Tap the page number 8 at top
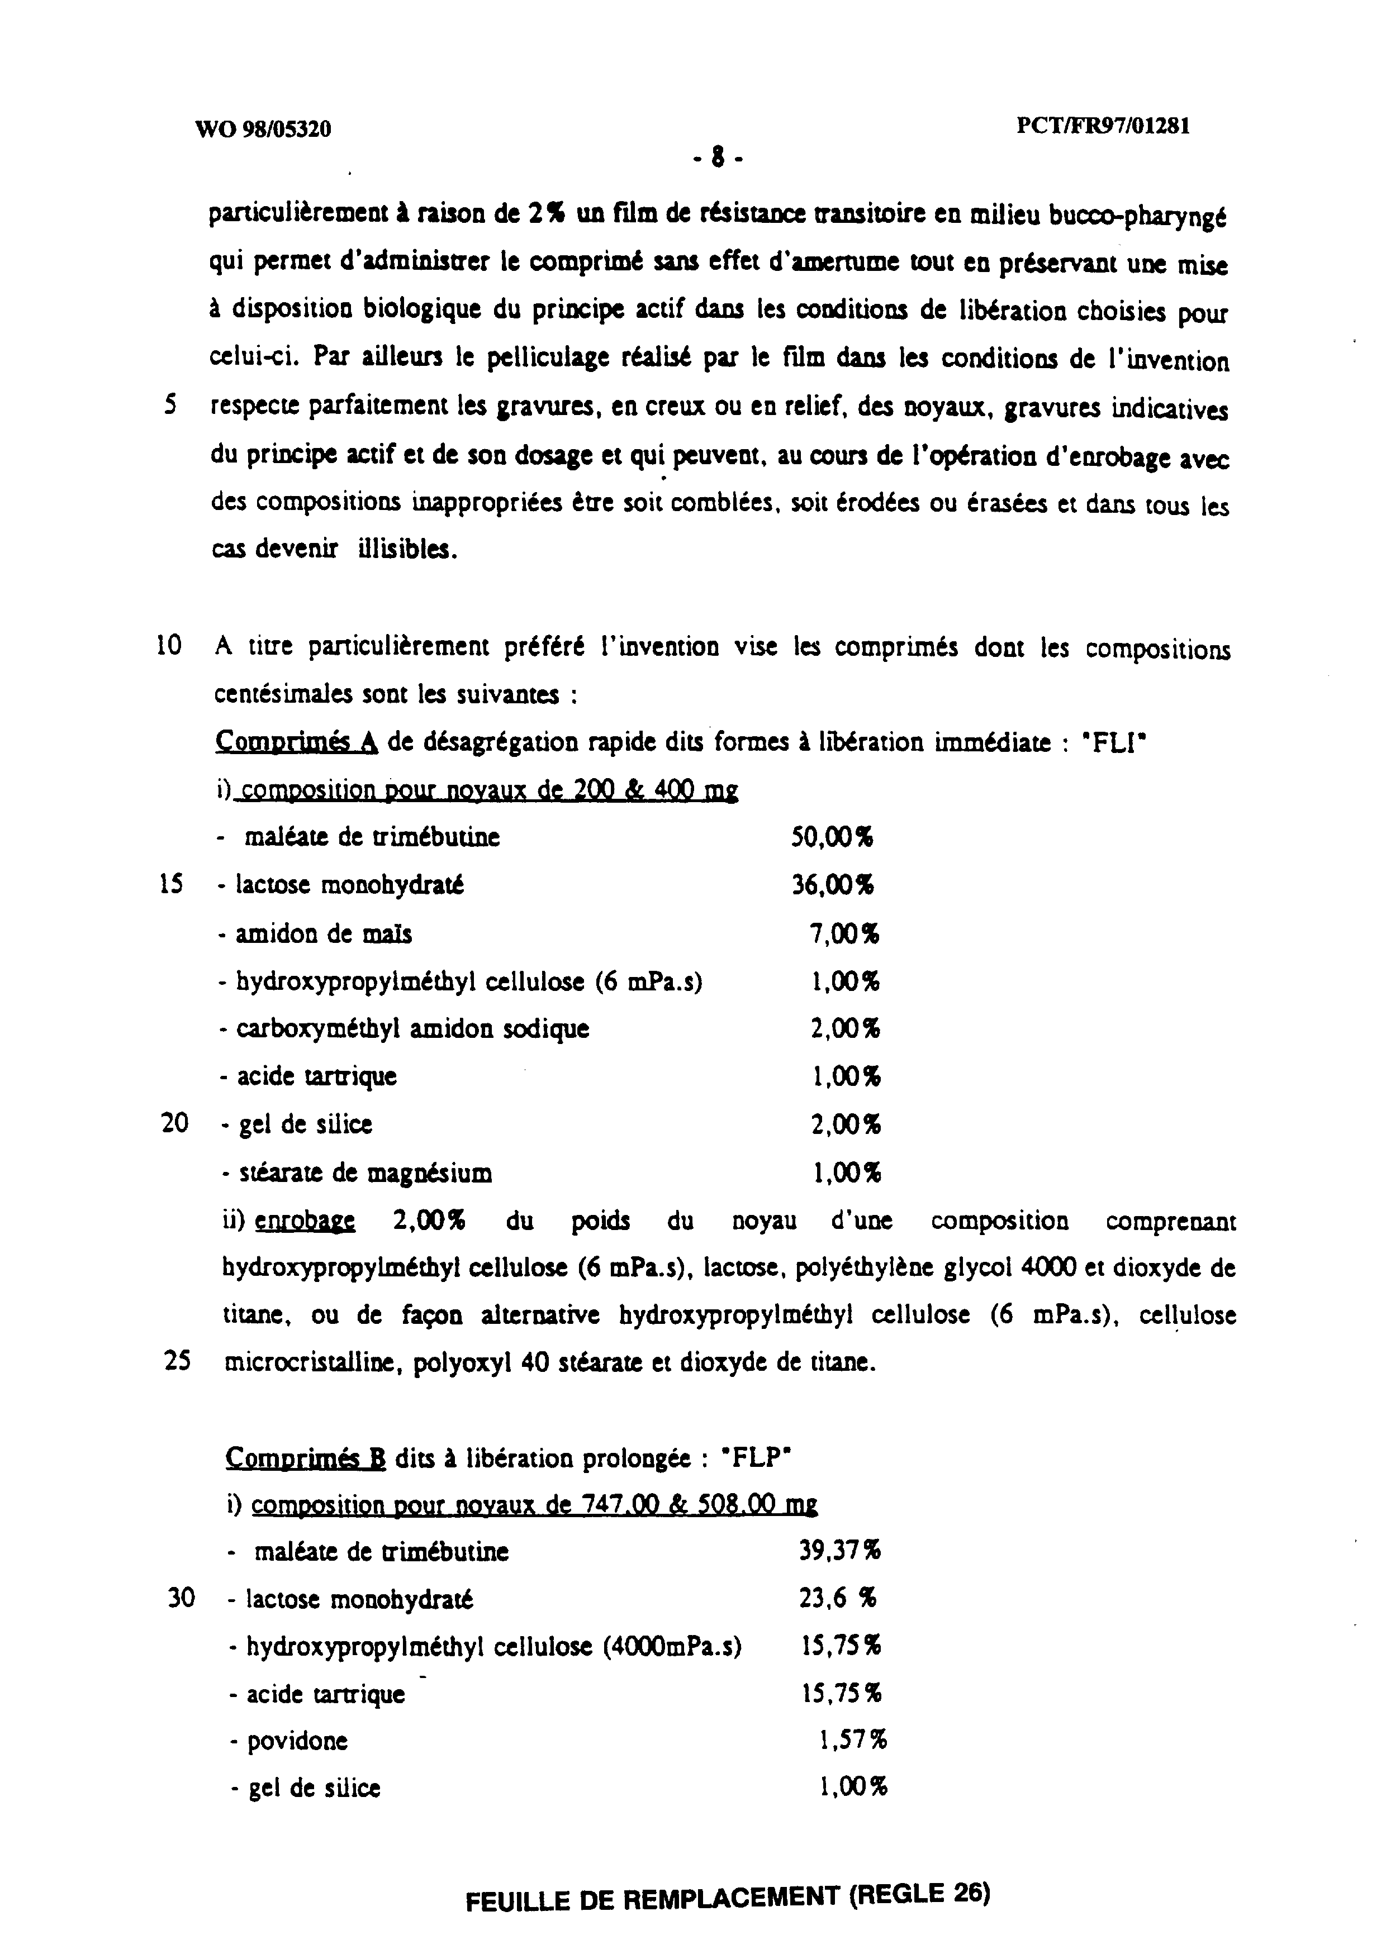pyautogui.click(x=718, y=156)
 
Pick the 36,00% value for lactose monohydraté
pyautogui.click(x=832, y=885)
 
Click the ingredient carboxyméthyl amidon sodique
pyautogui.click(x=412, y=1029)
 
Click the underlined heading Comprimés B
pyautogui.click(x=306, y=1459)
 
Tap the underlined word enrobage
pyautogui.click(x=306, y=1222)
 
